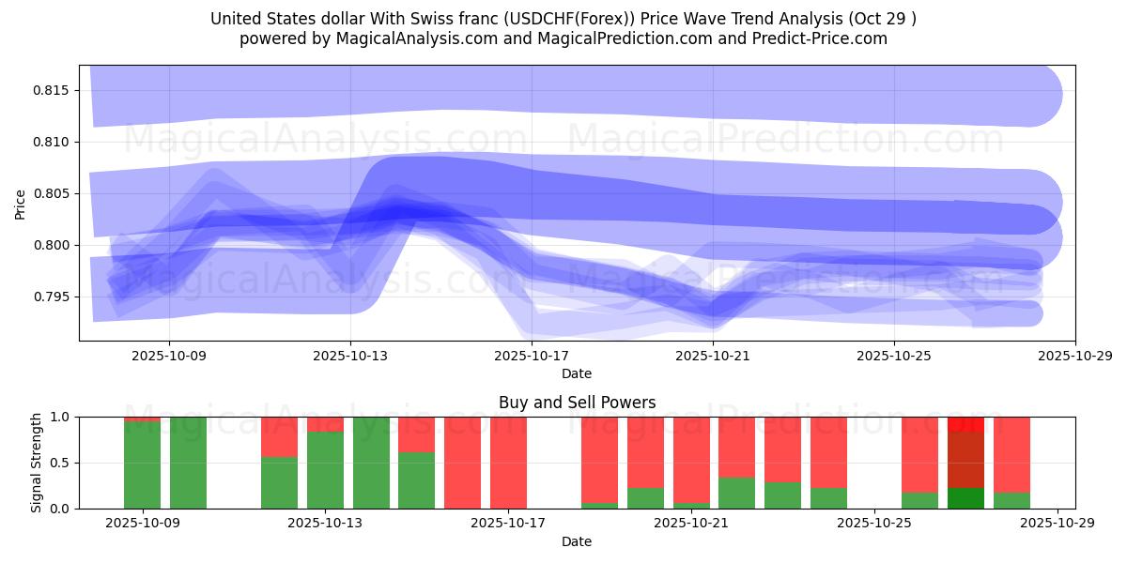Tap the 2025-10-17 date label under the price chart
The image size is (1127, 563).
(532, 356)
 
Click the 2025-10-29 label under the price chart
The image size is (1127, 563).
(1074, 356)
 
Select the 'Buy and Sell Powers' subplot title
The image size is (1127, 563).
(577, 403)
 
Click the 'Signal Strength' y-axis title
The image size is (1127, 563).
(37, 463)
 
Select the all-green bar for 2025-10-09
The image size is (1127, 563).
(188, 463)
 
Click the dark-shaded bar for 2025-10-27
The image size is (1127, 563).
(965, 460)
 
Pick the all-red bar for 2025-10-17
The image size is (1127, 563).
(508, 463)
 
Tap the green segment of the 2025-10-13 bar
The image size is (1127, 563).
(325, 469)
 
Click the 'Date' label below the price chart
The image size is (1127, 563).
(577, 373)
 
